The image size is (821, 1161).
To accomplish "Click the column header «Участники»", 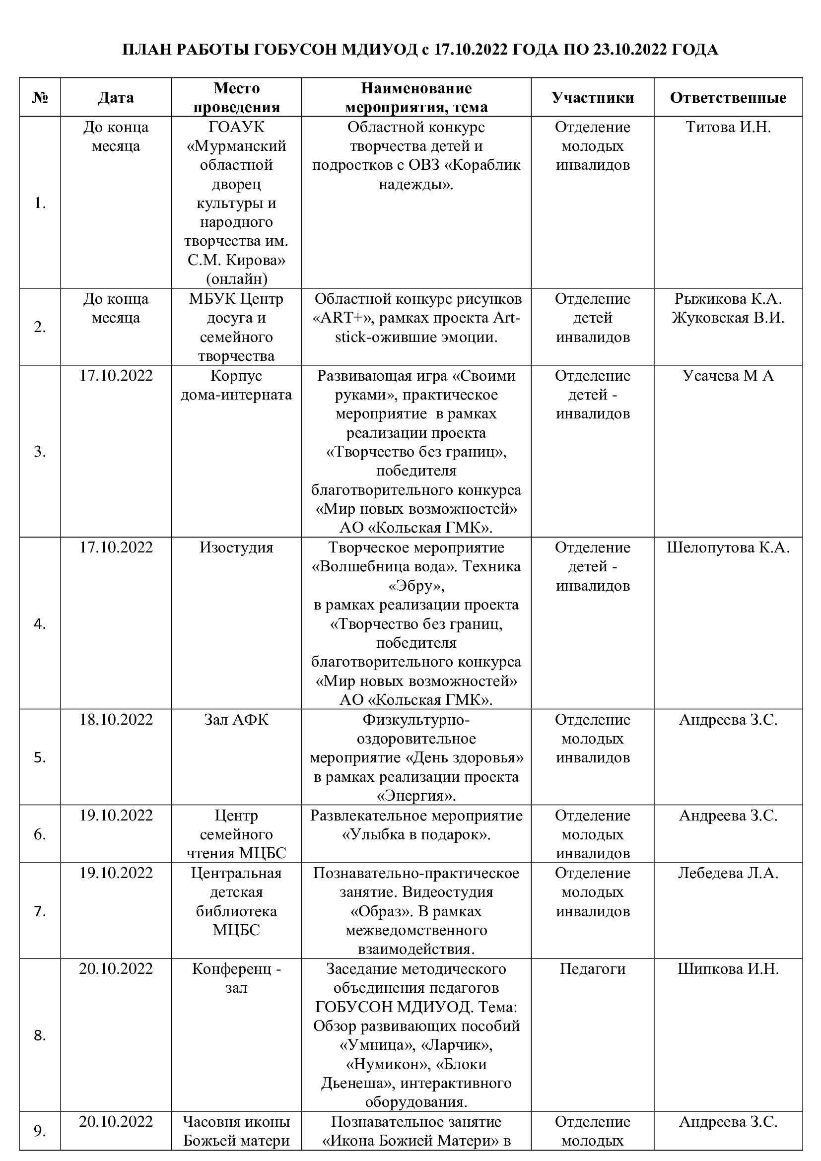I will click(593, 98).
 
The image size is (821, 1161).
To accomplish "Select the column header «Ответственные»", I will click(728, 98).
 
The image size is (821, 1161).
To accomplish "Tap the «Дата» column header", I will click(116, 98).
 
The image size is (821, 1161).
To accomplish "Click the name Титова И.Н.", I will click(728, 127).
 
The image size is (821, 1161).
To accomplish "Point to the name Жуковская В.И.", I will click(728, 318).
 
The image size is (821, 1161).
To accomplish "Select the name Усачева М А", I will click(728, 376).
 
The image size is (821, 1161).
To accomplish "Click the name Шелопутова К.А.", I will click(728, 547).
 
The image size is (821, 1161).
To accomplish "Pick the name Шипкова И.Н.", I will click(728, 969).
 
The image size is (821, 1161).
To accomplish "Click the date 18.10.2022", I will click(116, 720).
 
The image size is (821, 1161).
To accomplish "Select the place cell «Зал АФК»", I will click(236, 720).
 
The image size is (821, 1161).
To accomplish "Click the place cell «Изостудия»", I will click(236, 547).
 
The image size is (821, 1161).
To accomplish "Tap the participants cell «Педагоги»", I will click(593, 969).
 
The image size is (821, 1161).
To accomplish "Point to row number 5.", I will click(40, 757).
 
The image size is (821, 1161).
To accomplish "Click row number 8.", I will click(40, 1035).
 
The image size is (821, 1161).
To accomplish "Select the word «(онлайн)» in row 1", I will click(236, 279).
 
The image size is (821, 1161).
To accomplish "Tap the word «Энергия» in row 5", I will click(416, 796).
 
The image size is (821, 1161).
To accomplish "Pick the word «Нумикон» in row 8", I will click(385, 1064).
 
